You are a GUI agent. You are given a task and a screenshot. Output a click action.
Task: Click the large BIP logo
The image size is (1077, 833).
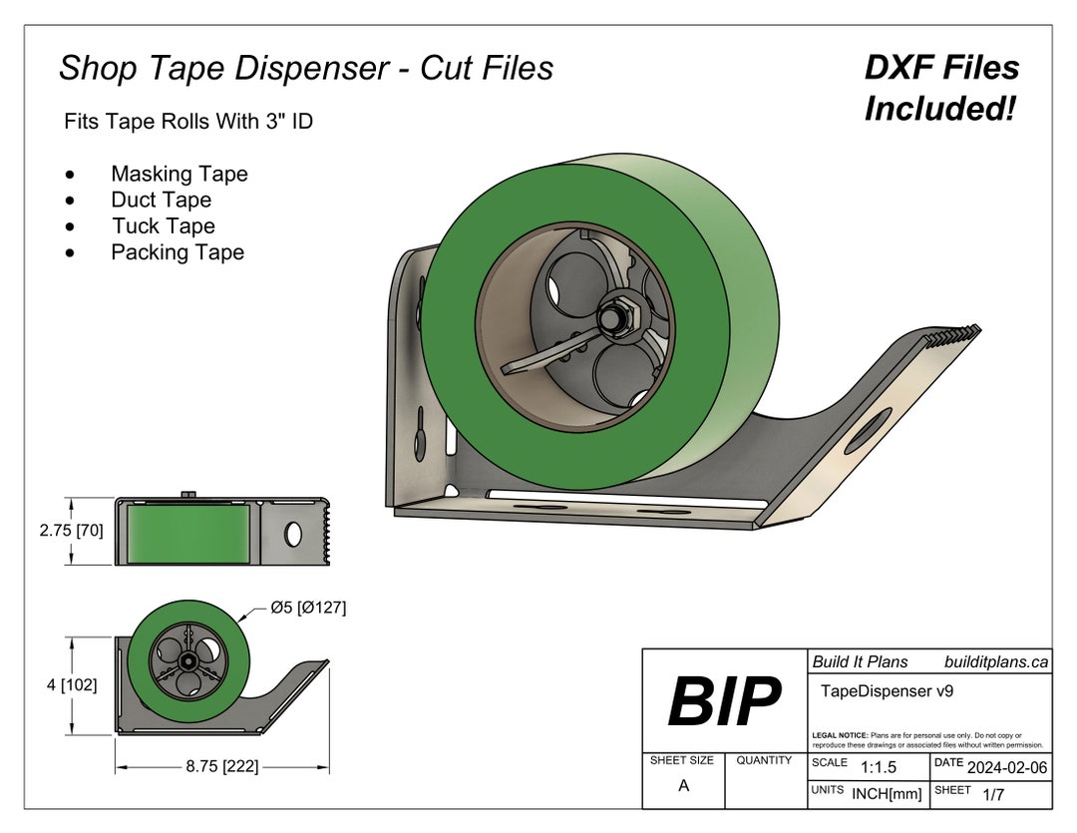click(724, 700)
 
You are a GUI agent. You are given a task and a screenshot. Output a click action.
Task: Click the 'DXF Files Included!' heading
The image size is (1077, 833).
click(940, 88)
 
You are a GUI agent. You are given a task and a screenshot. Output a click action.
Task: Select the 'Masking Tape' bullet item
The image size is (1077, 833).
click(179, 174)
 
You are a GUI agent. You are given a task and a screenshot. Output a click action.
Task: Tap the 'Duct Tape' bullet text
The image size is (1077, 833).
click(162, 200)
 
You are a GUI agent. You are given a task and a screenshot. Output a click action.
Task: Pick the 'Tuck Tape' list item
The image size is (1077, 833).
click(163, 226)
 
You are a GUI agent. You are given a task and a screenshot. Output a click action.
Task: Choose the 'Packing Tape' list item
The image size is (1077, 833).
click(178, 252)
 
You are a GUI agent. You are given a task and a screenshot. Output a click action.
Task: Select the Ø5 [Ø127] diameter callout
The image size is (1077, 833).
click(308, 607)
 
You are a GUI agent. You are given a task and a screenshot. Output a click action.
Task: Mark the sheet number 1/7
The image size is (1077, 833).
click(993, 794)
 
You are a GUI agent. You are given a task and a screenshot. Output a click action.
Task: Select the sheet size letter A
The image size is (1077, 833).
click(683, 785)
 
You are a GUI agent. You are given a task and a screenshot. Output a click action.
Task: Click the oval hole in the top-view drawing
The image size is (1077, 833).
click(293, 534)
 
